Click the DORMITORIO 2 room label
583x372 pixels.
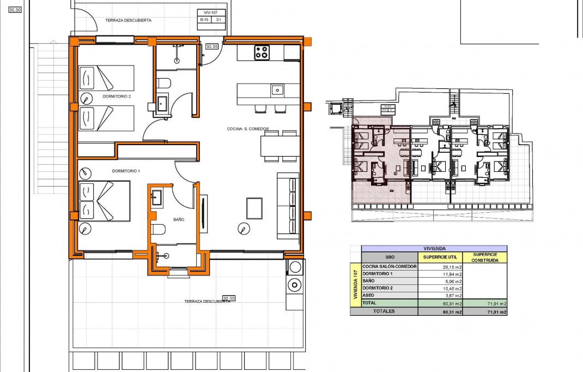click(x=116, y=96)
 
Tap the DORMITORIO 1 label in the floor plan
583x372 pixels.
click(x=126, y=171)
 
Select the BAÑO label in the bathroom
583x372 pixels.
click(x=178, y=219)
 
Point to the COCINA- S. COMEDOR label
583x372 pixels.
click(x=248, y=129)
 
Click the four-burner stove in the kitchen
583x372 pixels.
click(x=262, y=53)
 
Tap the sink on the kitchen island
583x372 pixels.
click(x=276, y=89)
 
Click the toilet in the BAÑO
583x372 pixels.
click(x=158, y=230)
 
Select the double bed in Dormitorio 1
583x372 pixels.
click(x=104, y=201)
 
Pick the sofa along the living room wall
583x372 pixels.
click(x=288, y=206)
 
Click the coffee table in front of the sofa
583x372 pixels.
click(x=254, y=207)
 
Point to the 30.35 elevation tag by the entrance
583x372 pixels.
click(x=212, y=47)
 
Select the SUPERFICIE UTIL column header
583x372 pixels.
click(x=440, y=257)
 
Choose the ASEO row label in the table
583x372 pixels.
click(x=369, y=295)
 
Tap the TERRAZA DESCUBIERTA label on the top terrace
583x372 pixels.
click(x=129, y=20)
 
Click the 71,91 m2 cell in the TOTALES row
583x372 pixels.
click(x=484, y=311)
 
